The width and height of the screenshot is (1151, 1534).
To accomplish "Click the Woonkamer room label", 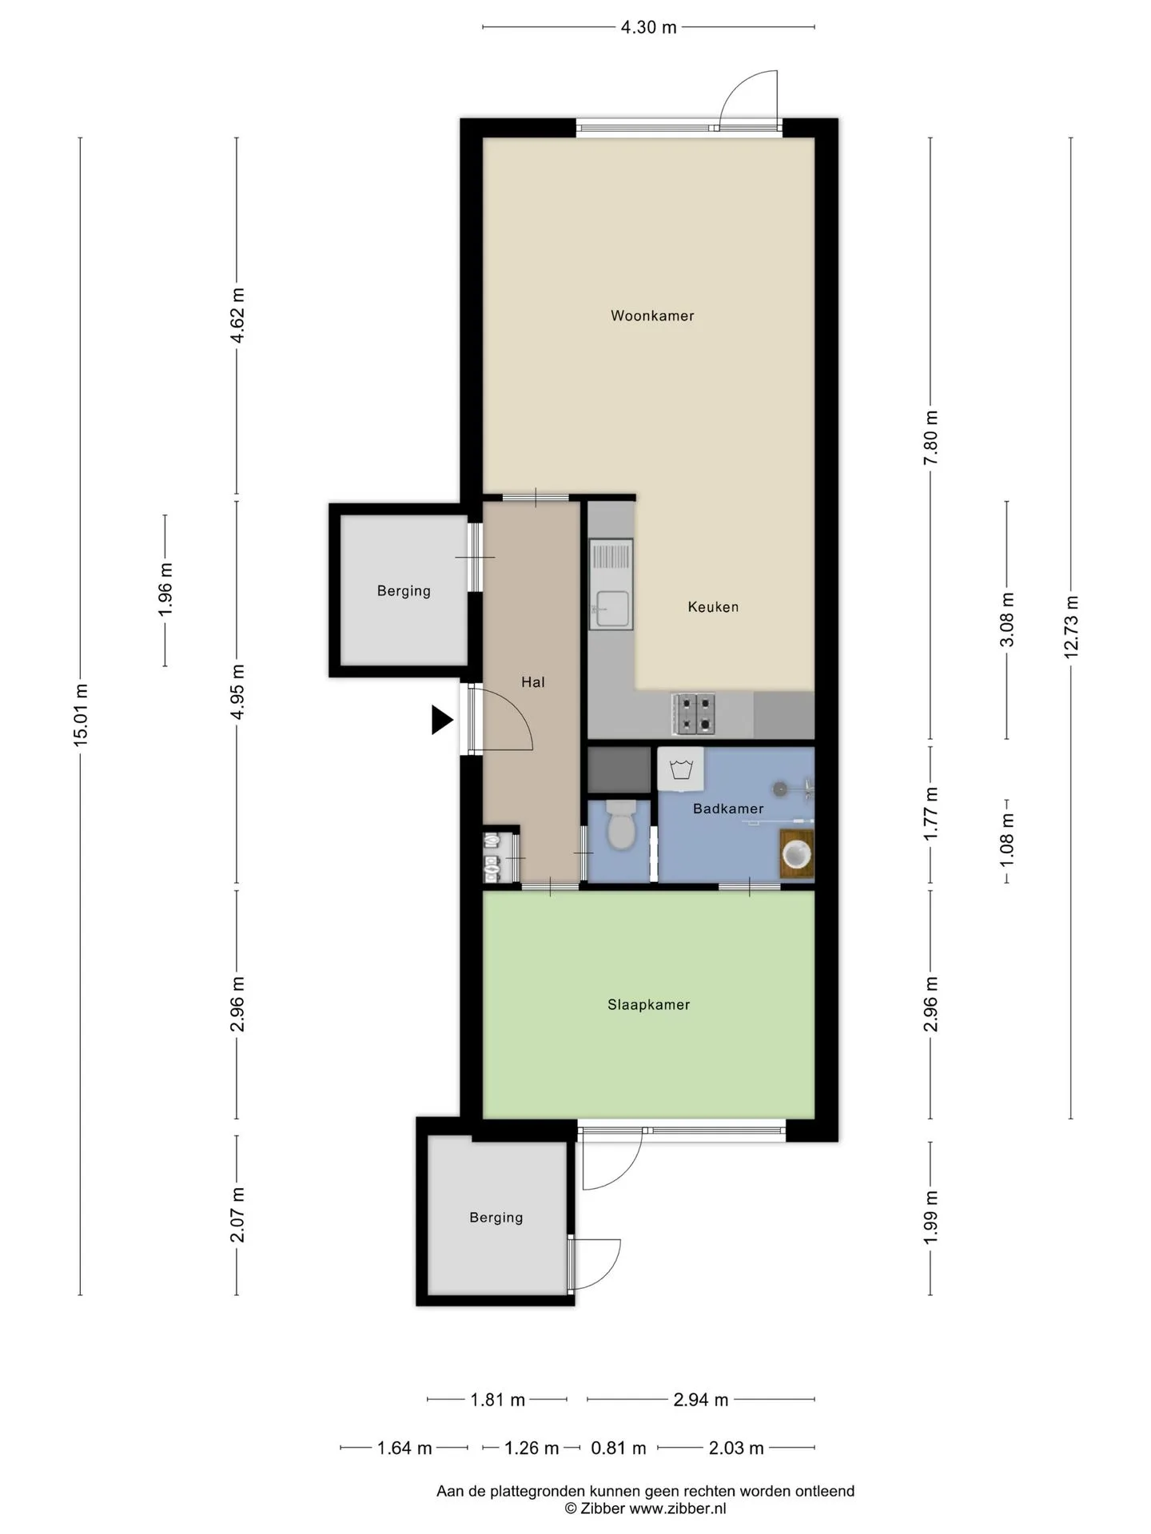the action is coord(652,316).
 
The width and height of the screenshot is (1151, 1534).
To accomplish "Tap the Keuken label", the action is coord(713,607).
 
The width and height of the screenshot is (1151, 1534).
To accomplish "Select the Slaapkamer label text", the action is coord(648,1005).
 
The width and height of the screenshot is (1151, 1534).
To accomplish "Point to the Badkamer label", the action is coord(728,809).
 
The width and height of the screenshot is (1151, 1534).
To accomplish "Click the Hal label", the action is coord(533,682).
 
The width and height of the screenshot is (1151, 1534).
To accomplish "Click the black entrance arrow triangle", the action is coord(442,720).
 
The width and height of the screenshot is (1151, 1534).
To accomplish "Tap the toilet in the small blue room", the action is coord(621,826).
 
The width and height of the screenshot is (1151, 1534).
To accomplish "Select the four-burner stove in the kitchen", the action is coord(694,713).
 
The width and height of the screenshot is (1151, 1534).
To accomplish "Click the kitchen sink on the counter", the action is coord(611,584).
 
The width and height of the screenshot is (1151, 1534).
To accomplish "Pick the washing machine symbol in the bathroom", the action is coord(681,769).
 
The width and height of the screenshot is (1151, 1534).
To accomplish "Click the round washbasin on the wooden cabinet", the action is coord(797,854).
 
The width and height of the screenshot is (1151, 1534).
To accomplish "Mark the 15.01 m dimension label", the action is coord(81,716).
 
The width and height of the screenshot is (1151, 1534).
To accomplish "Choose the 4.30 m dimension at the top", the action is coord(649,27).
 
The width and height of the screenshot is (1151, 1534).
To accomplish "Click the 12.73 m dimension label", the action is coord(1071,626).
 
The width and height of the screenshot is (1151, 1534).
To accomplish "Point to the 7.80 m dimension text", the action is coord(930,438).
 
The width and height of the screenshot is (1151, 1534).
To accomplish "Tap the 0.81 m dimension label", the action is coord(619,1448).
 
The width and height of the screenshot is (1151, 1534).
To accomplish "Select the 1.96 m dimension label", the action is coord(165,590).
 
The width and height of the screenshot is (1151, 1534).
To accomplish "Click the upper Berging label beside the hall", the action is coord(404,591).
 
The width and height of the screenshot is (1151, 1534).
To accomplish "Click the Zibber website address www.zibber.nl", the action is coord(678,1508).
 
